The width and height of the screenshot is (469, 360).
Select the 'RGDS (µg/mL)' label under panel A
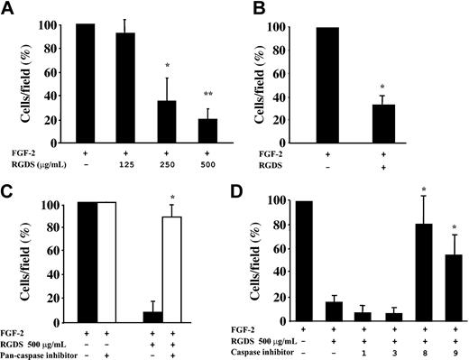tap(38, 163)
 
